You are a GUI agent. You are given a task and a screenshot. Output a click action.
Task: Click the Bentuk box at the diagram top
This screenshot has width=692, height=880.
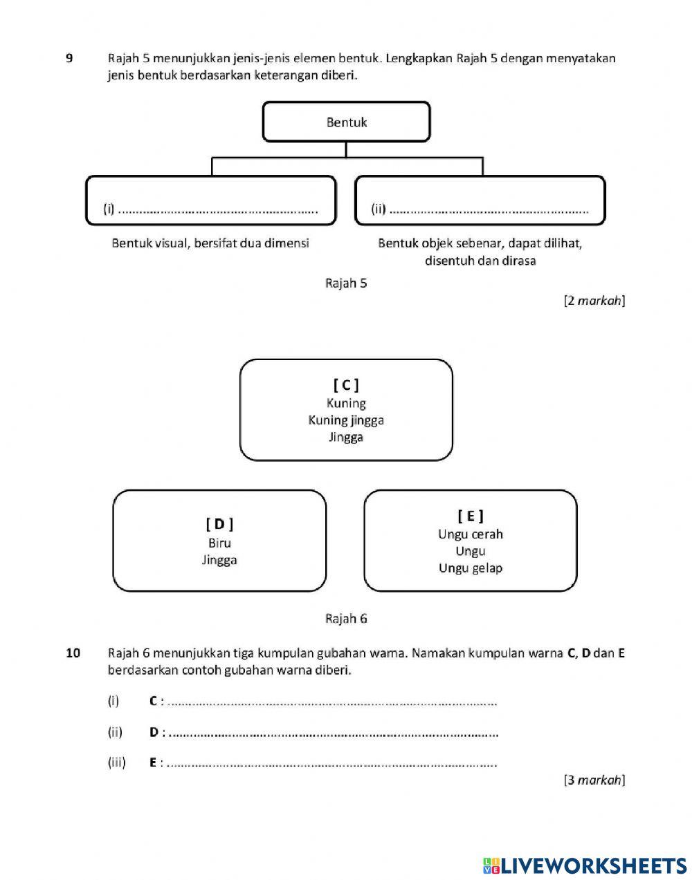coord(346,122)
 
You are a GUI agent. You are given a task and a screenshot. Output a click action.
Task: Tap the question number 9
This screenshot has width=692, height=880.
coord(69,58)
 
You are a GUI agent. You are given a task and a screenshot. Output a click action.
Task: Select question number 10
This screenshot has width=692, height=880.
coord(73,653)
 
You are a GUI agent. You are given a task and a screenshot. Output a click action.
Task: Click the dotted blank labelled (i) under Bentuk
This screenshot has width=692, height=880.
coord(218,209)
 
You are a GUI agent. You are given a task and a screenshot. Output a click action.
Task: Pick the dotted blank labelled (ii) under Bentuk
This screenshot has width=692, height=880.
coord(489,209)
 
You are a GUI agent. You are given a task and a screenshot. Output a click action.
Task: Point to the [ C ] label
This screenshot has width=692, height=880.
coord(346,385)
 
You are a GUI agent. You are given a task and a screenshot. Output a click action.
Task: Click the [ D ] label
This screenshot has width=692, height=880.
coord(219,524)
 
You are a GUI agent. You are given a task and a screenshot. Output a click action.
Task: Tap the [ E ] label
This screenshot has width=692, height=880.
coord(471,516)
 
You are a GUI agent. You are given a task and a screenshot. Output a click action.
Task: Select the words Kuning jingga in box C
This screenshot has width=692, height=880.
coord(346,420)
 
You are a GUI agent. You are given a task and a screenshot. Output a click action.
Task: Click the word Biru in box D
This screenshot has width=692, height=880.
coord(219,543)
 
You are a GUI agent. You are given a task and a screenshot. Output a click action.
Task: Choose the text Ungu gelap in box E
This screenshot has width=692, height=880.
coord(471,568)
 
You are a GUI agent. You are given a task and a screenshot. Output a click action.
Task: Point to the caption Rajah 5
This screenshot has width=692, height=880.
coord(346,283)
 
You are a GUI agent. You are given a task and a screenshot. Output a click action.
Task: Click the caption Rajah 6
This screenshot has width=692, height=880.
coord(346,619)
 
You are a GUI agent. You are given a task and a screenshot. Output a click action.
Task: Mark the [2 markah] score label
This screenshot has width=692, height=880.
coord(594,301)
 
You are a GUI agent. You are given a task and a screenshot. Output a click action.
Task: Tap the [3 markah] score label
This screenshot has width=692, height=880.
coord(594,780)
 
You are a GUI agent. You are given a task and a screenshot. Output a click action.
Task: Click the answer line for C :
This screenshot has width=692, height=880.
coord(332,702)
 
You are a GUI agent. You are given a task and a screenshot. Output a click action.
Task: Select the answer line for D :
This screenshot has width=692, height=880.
coord(332,733)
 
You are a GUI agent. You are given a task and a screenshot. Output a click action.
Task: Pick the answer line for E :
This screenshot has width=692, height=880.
coord(332,764)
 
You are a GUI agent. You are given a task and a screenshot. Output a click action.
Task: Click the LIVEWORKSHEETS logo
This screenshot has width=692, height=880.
coord(585,865)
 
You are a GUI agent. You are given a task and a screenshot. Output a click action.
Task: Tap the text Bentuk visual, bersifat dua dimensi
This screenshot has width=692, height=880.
coord(210,243)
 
